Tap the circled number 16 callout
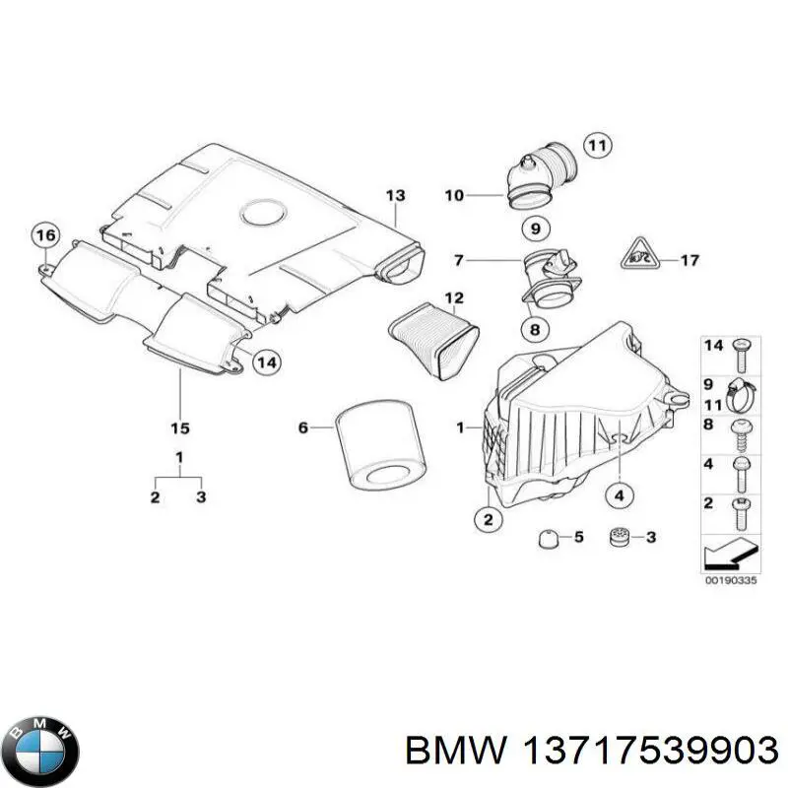coord(45,235)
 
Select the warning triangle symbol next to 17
coord(633,260)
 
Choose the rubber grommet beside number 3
coord(621,538)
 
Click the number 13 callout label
coord(394,195)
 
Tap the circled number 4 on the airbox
coord(619,495)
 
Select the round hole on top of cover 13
coord(262,211)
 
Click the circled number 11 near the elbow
coord(595,145)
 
